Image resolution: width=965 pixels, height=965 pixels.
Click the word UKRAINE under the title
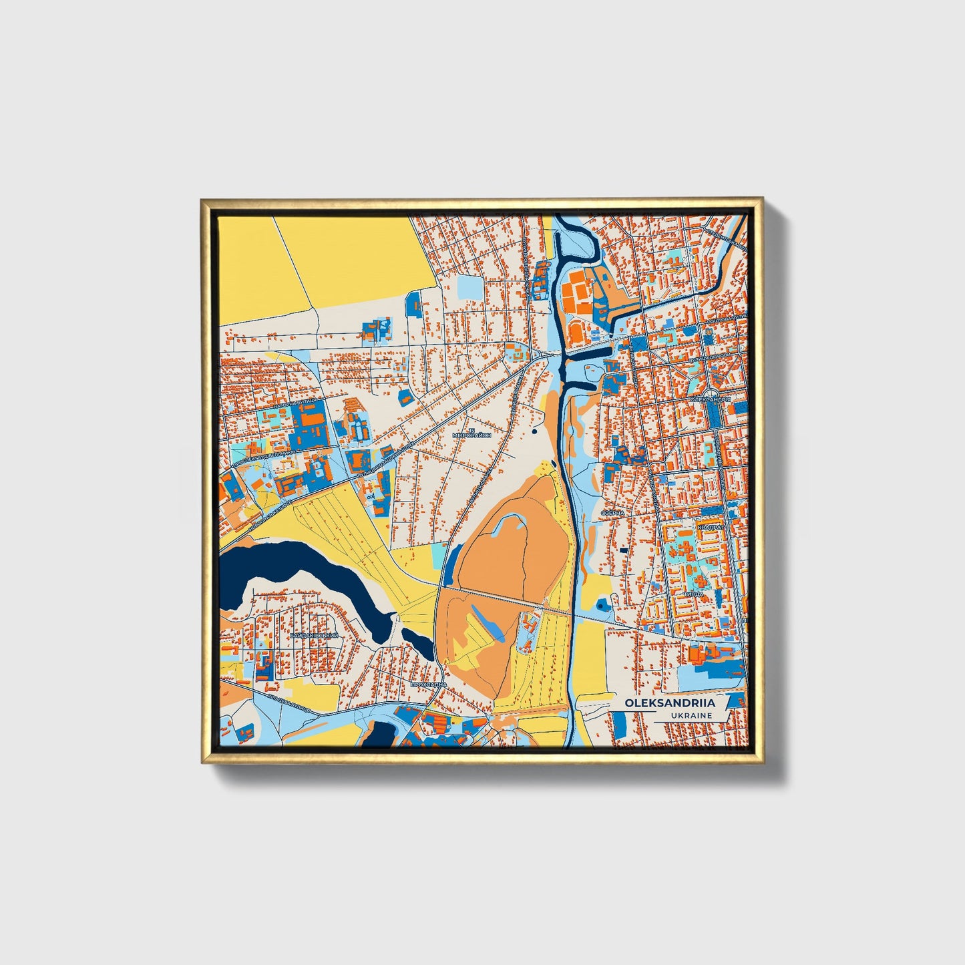point(692,715)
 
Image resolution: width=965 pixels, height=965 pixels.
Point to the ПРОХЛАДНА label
point(428,685)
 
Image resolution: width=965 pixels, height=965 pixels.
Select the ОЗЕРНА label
point(612,512)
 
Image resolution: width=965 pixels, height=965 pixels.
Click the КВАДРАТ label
point(710,528)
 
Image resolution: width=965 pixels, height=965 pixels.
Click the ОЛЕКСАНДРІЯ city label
point(714,399)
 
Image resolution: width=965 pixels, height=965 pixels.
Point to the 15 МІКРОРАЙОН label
point(471,432)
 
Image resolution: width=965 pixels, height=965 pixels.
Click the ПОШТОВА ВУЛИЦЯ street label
point(725,321)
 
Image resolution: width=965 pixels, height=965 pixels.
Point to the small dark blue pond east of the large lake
point(419,642)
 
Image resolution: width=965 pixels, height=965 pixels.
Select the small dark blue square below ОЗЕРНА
point(623,550)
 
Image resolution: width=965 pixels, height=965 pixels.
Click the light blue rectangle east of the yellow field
point(471,288)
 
